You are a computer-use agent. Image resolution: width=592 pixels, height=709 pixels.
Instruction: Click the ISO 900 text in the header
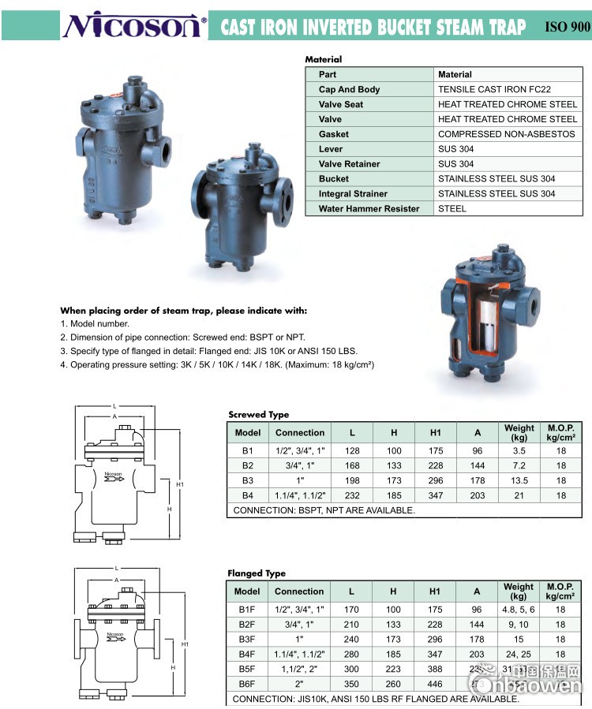[567, 27]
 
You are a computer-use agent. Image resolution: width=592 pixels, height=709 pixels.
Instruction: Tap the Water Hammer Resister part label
[369, 209]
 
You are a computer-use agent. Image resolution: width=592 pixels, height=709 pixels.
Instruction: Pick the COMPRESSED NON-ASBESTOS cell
[506, 134]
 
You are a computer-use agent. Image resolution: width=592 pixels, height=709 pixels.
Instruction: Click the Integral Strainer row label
[353, 194]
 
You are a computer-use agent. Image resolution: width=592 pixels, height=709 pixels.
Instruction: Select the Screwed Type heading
[259, 414]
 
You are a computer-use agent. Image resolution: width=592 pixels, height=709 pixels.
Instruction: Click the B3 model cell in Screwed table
[248, 480]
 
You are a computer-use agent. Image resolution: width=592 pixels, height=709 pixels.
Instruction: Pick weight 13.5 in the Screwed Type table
[519, 480]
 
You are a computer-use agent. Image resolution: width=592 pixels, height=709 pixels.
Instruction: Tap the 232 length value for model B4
[352, 495]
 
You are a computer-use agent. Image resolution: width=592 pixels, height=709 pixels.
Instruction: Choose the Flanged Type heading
[257, 573]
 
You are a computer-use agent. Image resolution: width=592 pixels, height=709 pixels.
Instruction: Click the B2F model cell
[247, 624]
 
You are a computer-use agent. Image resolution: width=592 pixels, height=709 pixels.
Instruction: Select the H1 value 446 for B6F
[435, 684]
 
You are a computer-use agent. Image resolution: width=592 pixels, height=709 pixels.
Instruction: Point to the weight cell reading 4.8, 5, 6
[519, 609]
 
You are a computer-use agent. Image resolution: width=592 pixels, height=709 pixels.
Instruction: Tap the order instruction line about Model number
[95, 323]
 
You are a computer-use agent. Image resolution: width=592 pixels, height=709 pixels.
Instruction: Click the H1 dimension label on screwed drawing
[180, 483]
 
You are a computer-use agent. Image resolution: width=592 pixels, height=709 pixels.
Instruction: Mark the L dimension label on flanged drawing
[116, 568]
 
